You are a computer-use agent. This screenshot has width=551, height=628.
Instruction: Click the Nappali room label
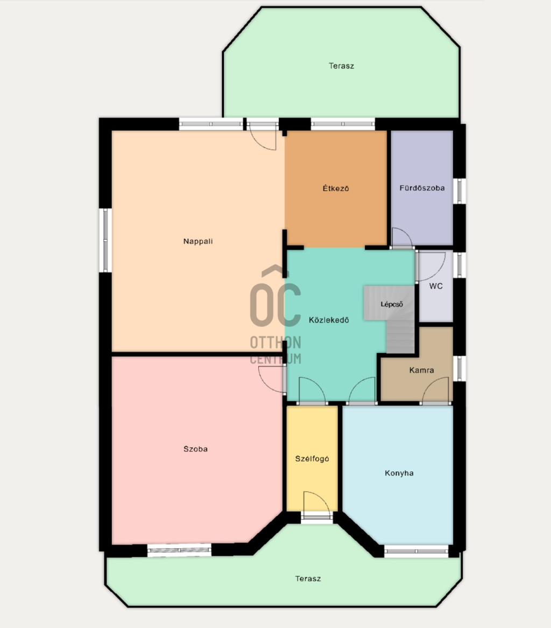198,241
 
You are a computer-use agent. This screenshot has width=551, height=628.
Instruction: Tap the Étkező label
336,188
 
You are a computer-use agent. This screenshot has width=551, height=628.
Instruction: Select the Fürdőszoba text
422,188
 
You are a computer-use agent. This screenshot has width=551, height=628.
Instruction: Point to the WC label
436,286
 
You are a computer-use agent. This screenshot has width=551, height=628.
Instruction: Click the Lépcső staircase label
392,305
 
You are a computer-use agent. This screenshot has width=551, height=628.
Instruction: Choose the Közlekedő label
329,320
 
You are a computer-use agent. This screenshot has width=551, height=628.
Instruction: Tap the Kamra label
421,370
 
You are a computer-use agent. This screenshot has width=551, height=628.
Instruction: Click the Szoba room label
195,449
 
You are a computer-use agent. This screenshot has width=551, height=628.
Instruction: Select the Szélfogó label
312,459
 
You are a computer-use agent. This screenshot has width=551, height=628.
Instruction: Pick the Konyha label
399,473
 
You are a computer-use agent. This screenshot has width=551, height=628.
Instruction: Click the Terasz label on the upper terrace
341,66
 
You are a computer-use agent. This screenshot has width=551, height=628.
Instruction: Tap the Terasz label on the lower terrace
308,578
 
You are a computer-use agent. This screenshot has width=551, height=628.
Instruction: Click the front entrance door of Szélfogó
316,505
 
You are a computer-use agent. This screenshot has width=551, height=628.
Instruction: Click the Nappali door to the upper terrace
263,136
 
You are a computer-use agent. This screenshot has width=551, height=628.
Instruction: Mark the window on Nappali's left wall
105,241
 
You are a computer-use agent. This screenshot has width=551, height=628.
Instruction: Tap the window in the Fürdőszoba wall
460,191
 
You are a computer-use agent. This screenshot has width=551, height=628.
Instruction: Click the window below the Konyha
416,551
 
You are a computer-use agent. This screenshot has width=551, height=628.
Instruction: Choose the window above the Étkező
343,124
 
